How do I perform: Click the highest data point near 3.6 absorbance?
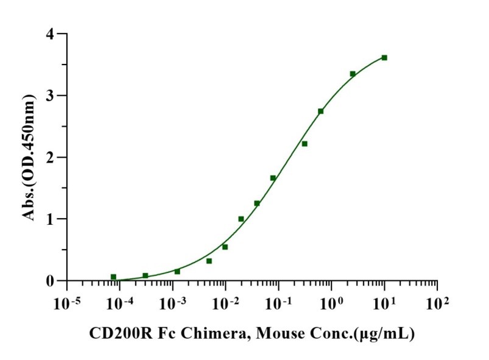384,58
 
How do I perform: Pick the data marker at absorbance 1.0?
241,219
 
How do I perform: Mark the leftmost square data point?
113,277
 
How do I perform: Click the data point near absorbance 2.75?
321,111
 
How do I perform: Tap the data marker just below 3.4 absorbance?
353,74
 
